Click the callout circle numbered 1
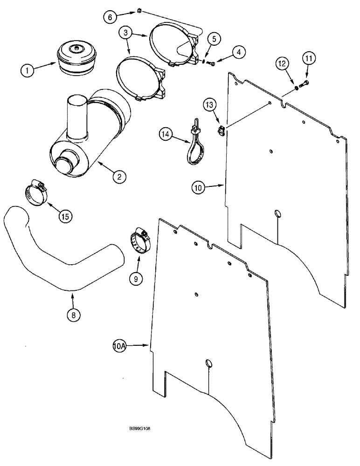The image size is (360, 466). pos(27,71)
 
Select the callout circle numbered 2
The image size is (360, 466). pos(119,176)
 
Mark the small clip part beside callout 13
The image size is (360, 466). pos(220,131)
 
